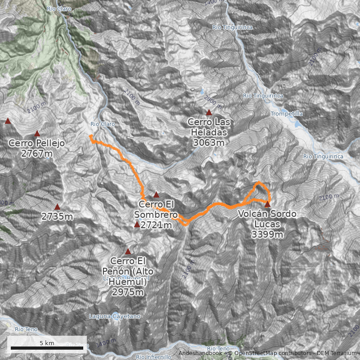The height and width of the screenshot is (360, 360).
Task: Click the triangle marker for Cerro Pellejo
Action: pos(37,133)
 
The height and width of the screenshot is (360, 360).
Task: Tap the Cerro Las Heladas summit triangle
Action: pos(209,112)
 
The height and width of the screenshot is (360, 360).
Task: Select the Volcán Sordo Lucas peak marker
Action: pos(267,204)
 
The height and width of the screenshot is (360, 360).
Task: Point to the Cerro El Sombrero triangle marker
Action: pos(156,195)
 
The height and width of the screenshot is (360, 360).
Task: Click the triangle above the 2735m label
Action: pos(57,207)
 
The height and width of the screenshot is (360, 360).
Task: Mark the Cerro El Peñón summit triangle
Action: pos(128,252)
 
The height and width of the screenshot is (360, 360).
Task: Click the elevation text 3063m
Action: pos(209,143)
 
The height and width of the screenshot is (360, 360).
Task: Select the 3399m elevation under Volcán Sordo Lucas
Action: pos(267,234)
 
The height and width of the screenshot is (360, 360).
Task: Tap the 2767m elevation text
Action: pos(37,154)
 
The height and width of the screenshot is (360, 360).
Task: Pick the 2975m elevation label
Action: pos(128,292)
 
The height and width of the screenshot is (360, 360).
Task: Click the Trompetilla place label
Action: pos(287,114)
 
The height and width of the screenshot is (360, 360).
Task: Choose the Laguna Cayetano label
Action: pos(114,316)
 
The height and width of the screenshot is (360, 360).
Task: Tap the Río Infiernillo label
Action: pos(153,357)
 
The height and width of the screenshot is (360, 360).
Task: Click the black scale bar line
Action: pos(47,348)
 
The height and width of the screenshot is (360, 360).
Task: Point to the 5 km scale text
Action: pos(47,343)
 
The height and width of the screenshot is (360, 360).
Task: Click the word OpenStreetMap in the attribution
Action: pos(253,354)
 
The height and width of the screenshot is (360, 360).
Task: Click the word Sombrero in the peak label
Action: pos(156,215)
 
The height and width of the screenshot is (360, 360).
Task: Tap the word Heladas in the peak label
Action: pos(209,133)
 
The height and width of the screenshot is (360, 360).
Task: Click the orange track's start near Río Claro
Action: pos(90,135)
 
